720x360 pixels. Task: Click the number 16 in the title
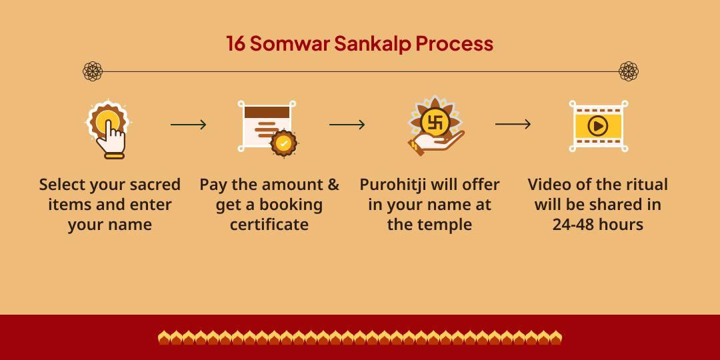coord(235,43)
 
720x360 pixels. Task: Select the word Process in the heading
coord(455,43)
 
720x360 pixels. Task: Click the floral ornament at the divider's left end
coord(93,71)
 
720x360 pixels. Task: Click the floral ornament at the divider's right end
coord(628,71)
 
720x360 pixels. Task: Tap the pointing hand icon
coord(109,129)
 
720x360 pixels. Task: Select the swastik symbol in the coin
coord(435,122)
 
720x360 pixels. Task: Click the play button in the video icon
coord(598,125)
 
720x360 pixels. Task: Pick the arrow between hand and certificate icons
coord(188,125)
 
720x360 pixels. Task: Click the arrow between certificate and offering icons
coord(347,125)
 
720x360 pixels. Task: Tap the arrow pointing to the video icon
coord(513,124)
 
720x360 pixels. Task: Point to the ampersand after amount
coord(333,185)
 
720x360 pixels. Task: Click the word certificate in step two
coord(269,225)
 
